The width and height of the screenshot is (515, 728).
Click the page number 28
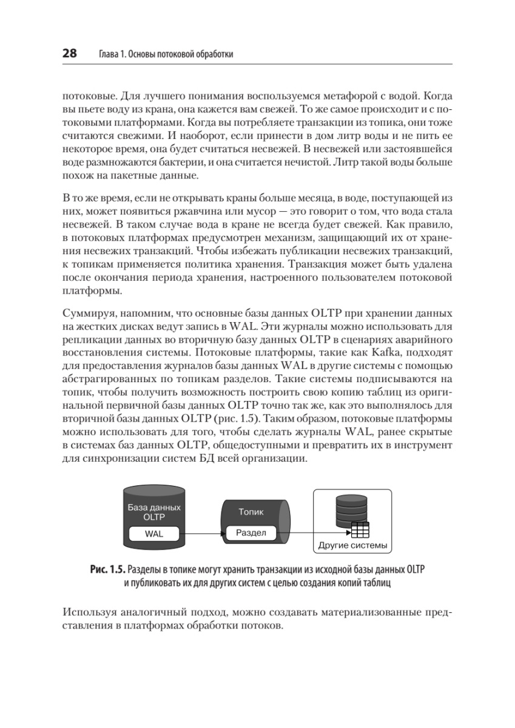(69, 54)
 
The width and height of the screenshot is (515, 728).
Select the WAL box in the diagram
(154, 534)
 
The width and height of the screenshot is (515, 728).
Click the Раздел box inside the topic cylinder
(251, 533)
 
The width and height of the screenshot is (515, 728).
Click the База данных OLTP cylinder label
(154, 513)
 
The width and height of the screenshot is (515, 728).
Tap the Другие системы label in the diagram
(352, 545)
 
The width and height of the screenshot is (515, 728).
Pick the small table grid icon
(360, 530)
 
